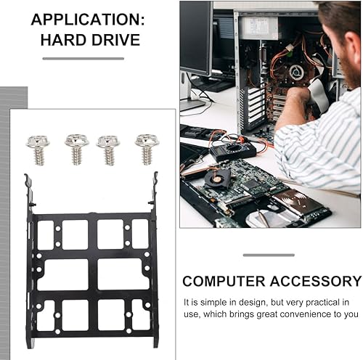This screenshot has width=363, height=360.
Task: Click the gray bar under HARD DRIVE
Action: click(83, 58)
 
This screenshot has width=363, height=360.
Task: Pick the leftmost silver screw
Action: click(36, 148)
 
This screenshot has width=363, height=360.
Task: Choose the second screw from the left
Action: click(76, 148)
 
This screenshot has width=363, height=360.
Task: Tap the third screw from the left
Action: click(108, 149)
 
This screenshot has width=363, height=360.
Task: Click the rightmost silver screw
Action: click(146, 148)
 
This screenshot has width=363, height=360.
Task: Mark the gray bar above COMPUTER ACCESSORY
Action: click(269, 255)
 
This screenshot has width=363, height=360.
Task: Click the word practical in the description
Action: click(319, 302)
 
